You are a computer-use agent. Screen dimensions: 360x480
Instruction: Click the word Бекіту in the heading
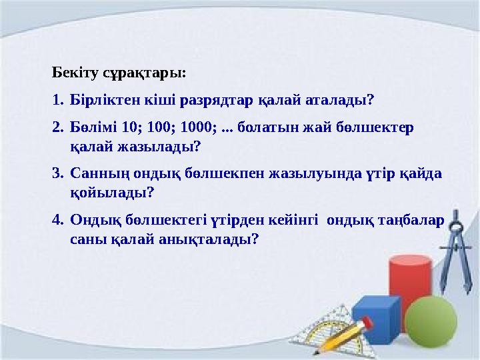coord(73,72)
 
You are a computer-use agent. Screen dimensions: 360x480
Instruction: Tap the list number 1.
coord(57,101)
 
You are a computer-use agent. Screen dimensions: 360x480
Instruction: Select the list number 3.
coord(57,173)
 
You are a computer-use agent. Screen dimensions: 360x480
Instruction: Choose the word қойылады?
coord(111,193)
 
